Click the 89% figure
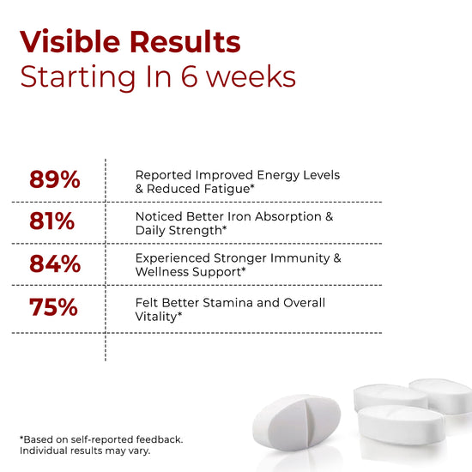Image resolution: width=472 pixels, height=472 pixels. click(x=55, y=179)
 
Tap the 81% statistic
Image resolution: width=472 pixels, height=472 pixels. click(x=52, y=221)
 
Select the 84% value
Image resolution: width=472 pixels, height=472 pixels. click(x=55, y=264)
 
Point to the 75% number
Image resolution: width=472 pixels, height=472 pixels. click(x=53, y=307)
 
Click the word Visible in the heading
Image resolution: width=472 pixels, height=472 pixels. click(x=70, y=41)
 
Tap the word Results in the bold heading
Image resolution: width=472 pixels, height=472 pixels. click(x=185, y=41)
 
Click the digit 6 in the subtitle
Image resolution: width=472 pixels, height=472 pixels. click(x=189, y=76)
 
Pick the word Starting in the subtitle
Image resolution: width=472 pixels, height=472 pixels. click(x=77, y=78)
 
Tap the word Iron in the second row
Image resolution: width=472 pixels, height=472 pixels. click(x=239, y=216)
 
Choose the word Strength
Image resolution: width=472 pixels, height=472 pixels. click(x=195, y=231)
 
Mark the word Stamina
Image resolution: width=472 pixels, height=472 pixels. click(x=228, y=303)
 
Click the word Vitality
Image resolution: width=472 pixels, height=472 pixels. click(x=156, y=317)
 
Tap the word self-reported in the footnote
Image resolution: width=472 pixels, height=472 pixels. click(x=102, y=439)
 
